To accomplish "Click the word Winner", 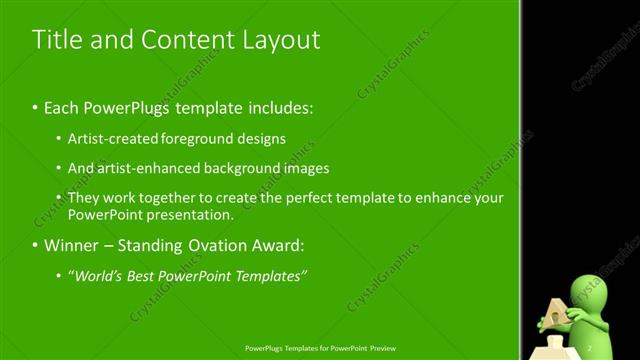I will (x=71, y=245).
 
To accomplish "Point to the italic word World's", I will (x=99, y=275).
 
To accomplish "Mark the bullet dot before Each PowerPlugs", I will (x=36, y=106).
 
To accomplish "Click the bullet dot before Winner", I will (x=36, y=245).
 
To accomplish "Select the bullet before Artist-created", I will (x=59, y=139).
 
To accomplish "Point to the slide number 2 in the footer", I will (x=506, y=349).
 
